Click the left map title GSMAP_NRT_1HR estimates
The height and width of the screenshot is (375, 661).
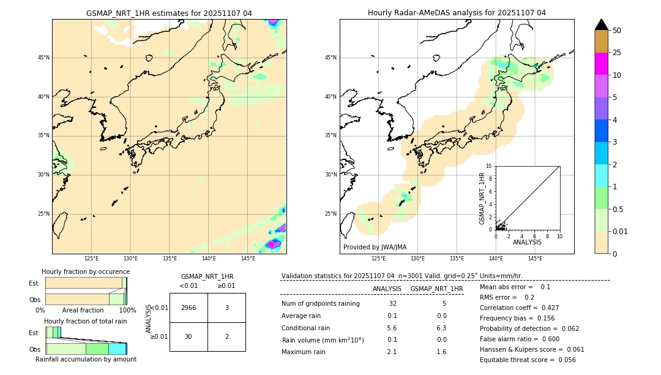[169, 13]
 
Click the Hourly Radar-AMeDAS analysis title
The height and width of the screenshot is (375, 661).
[457, 13]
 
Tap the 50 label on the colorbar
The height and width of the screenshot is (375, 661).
[617, 31]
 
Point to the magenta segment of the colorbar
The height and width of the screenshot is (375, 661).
[601, 64]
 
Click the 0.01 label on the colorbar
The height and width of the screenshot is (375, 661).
[621, 231]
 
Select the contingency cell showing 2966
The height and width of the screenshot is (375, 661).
[189, 308]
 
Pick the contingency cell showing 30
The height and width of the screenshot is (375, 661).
[189, 336]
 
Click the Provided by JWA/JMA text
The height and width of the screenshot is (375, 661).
[375, 247]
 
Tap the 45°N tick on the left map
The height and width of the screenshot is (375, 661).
[43, 58]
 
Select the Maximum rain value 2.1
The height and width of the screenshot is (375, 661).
[392, 352]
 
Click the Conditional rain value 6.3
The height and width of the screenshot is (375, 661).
[441, 328]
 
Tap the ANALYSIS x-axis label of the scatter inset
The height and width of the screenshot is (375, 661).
[527, 242]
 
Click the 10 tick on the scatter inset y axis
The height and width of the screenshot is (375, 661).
[488, 165]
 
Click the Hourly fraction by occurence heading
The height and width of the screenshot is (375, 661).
[86, 271]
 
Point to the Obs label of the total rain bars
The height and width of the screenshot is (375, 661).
[34, 349]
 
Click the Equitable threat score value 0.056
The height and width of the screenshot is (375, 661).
[566, 360]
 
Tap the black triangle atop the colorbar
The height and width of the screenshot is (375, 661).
[601, 25]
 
